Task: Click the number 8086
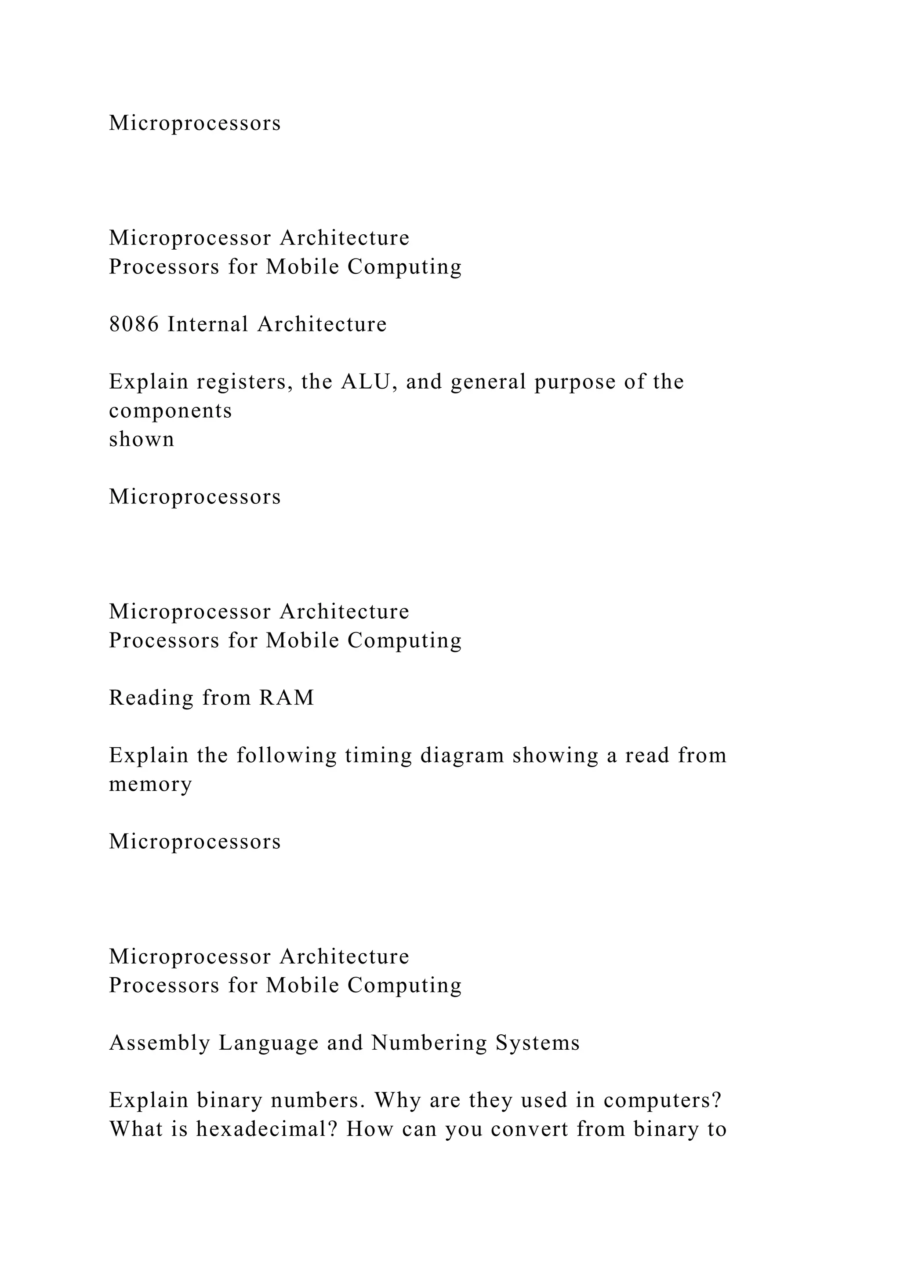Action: point(134,324)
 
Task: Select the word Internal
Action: point(208,324)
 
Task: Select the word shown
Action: point(142,439)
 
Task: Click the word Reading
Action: point(151,698)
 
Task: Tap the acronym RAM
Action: point(286,698)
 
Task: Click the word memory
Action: point(150,785)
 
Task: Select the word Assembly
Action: point(160,1044)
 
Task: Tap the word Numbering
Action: point(429,1044)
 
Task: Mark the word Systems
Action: point(537,1044)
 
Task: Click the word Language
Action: point(268,1044)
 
